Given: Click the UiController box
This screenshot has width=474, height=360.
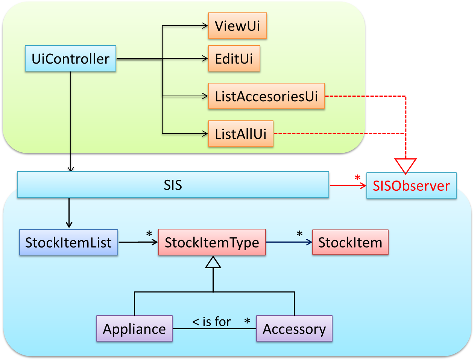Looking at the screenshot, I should click(x=70, y=59).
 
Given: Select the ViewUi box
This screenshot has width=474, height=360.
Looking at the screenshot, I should click(x=237, y=26).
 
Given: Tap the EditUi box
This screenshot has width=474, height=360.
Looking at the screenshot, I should click(x=234, y=59).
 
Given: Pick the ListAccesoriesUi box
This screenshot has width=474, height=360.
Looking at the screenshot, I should click(x=266, y=96).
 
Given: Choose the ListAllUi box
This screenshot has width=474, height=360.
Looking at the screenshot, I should click(x=240, y=134).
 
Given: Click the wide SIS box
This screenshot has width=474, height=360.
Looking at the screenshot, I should click(x=173, y=185).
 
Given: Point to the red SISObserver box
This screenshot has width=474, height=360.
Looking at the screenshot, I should click(x=411, y=185).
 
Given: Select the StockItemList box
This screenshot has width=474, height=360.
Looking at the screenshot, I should click(x=68, y=242).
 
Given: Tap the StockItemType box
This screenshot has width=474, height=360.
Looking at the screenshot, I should click(x=212, y=242).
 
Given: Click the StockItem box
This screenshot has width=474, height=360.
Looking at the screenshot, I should click(x=350, y=242).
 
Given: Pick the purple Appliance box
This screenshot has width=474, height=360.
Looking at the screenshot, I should click(x=134, y=329).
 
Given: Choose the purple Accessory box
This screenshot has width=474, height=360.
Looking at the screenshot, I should click(x=294, y=329).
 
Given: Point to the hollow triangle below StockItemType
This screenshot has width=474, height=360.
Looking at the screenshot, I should click(x=213, y=262).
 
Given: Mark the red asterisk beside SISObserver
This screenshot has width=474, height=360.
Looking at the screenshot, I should click(x=357, y=178).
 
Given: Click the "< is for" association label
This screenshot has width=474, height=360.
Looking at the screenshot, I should click(x=211, y=322).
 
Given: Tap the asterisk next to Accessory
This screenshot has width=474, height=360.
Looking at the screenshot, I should click(x=247, y=321).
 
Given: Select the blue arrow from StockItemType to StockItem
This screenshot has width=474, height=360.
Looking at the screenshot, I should click(x=289, y=242).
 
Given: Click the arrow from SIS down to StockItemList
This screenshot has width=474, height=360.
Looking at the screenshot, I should click(x=69, y=213).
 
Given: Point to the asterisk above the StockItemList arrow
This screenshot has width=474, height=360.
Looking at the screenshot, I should click(x=149, y=234).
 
